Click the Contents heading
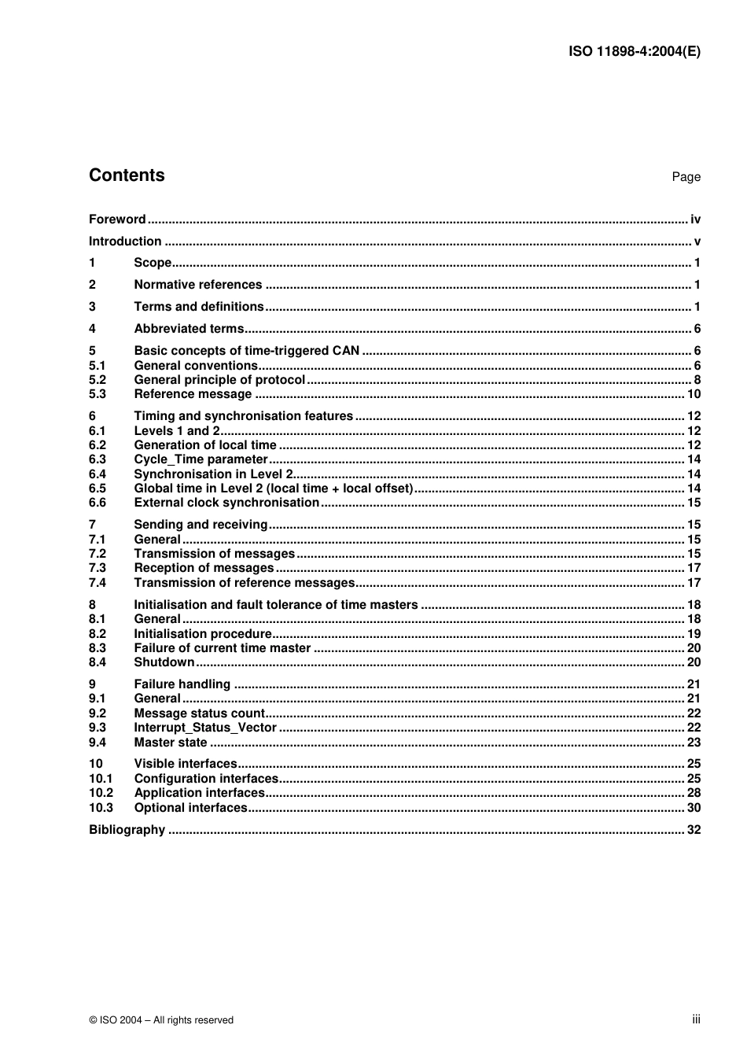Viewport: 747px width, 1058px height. click(127, 175)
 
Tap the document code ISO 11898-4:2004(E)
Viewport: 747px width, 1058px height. click(634, 52)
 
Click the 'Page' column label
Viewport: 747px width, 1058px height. click(686, 177)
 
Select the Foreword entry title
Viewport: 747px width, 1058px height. click(117, 219)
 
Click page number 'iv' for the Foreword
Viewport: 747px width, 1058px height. click(695, 219)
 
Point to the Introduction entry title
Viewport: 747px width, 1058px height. click(125, 241)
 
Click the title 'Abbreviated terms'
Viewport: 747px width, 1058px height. click(189, 329)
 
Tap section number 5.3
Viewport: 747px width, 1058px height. click(98, 394)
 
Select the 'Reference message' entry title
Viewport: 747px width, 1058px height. click(193, 394)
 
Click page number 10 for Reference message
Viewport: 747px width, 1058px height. click(694, 394)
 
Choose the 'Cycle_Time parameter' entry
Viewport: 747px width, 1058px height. click(201, 459)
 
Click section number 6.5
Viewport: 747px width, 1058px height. click(98, 488)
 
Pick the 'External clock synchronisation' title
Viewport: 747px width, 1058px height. click(226, 503)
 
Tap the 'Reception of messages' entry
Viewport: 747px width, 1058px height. click(204, 568)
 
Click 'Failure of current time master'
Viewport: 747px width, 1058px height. click(223, 648)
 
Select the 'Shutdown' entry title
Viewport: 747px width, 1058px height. click(164, 662)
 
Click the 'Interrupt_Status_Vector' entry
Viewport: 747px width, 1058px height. click(205, 728)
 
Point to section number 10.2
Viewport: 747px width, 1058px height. click(101, 793)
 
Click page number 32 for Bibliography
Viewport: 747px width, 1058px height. click(694, 830)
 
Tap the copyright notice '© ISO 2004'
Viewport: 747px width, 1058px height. click(161, 1020)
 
